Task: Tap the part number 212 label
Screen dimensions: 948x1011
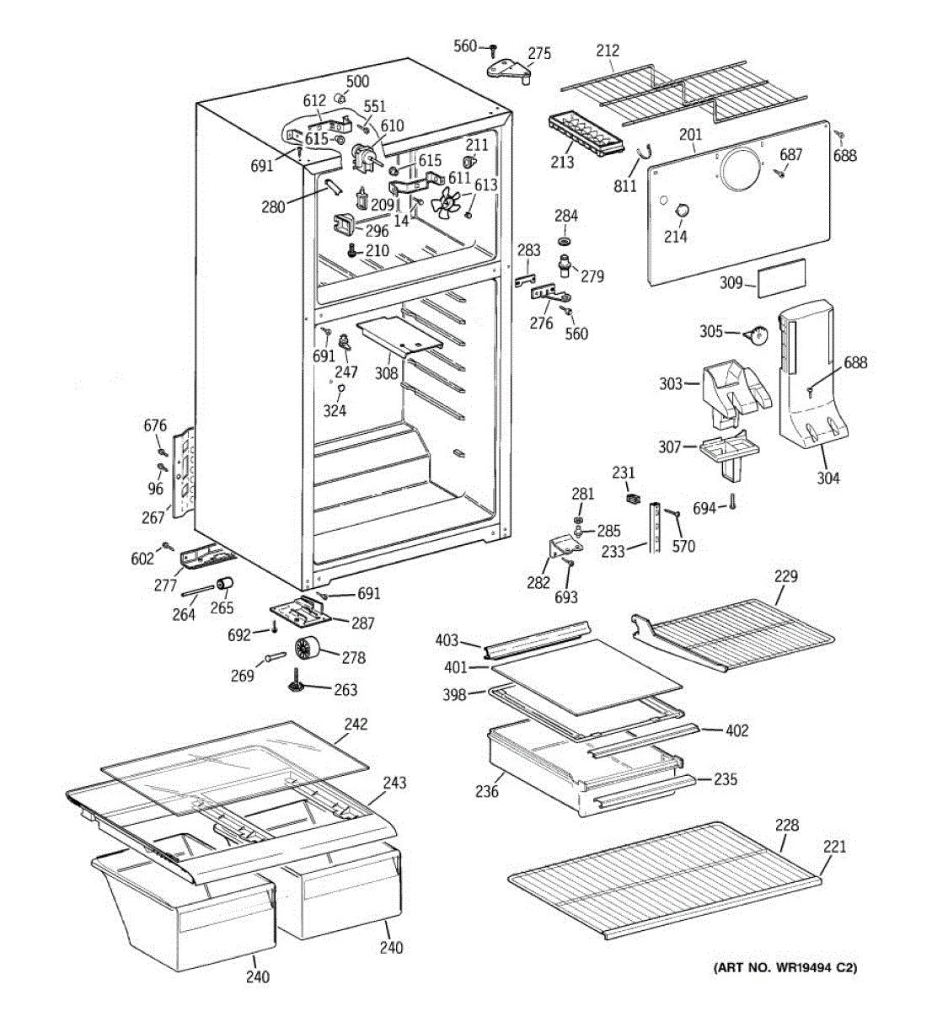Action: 608,51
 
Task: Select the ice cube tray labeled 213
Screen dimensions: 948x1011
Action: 586,134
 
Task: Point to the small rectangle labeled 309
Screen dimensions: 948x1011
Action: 781,277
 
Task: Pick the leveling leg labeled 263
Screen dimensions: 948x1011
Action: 296,681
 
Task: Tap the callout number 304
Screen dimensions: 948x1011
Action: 827,478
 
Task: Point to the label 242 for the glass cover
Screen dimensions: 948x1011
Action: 356,724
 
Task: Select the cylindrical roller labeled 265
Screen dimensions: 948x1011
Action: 224,585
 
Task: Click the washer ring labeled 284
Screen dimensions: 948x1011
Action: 565,240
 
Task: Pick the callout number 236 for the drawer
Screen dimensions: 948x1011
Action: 487,791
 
